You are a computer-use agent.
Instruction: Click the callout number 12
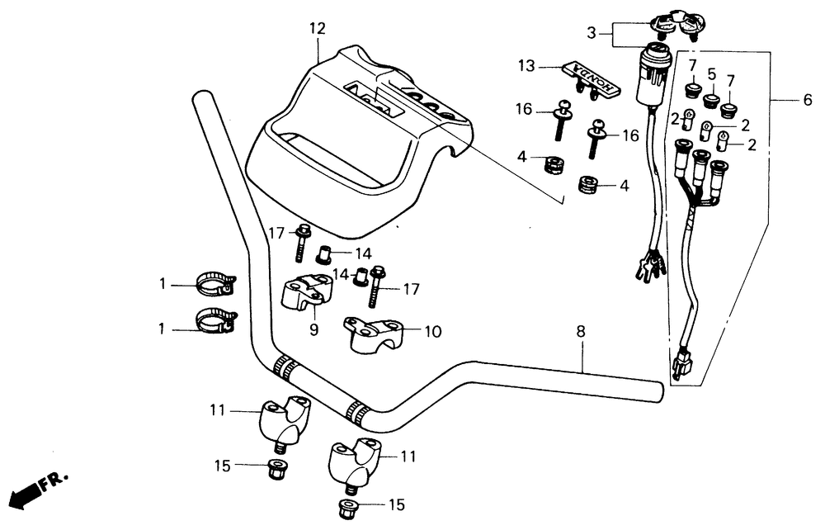tap(318, 29)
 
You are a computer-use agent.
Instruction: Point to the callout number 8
tap(581, 332)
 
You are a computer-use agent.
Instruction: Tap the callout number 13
tap(527, 65)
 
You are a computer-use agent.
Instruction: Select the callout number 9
tap(313, 329)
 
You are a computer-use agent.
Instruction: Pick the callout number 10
tap(432, 332)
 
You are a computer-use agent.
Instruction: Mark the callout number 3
tap(591, 33)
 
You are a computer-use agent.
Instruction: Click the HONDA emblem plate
tap(588, 77)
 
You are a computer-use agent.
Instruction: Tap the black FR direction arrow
tap(26, 493)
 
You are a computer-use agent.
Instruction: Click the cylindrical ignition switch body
tap(651, 78)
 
